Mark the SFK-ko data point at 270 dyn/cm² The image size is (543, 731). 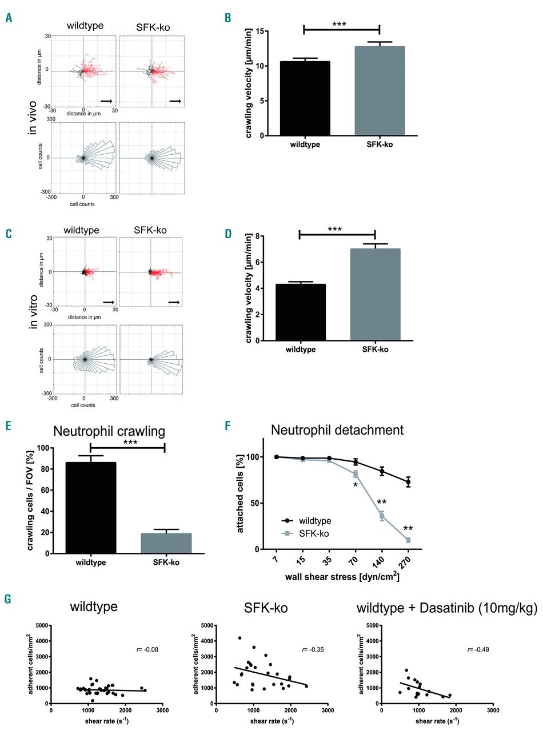click(408, 540)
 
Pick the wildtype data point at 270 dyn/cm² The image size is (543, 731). click(408, 482)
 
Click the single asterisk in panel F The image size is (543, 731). click(355, 485)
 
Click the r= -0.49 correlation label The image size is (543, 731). click(478, 649)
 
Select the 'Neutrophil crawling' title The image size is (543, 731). click(107, 431)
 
